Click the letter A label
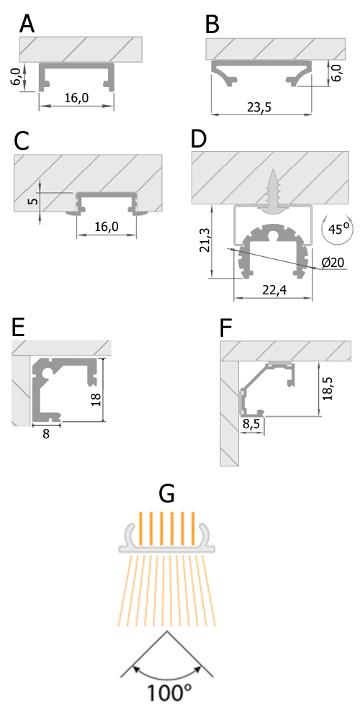coord(27,24)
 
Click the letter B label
coord(212,24)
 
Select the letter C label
coord(22,140)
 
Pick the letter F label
coord(226,328)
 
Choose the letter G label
coord(167,493)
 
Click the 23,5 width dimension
coord(263,108)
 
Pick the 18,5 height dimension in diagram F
coord(330,389)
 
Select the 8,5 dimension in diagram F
coord(252,425)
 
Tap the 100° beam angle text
coord(170,694)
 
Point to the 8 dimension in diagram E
coord(45,434)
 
